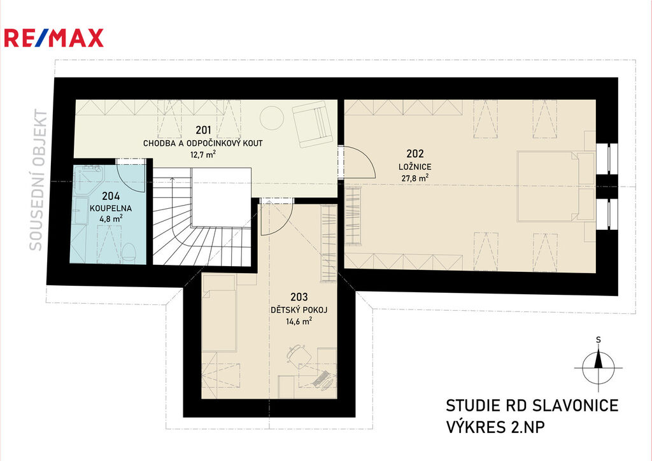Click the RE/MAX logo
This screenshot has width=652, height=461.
click(x=53, y=38)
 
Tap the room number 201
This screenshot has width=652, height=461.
click(x=203, y=130)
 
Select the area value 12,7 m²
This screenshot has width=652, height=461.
click(x=203, y=155)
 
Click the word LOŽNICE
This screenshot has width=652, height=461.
click(x=415, y=167)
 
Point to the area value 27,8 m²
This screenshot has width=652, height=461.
click(x=415, y=178)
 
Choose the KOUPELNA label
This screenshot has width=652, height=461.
click(x=111, y=208)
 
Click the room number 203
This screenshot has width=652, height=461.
click(x=299, y=297)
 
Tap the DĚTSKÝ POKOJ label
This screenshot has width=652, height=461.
click(x=299, y=309)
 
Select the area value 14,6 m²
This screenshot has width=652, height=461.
click(x=299, y=321)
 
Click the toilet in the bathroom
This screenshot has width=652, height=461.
click(x=129, y=252)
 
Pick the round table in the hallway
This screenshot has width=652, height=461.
click(x=272, y=118)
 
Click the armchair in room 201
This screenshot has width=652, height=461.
click(x=312, y=125)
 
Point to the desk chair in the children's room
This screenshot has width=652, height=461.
click(x=299, y=355)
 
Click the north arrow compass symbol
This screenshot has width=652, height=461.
click(x=599, y=365)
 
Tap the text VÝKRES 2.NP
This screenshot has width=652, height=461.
click(x=495, y=427)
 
